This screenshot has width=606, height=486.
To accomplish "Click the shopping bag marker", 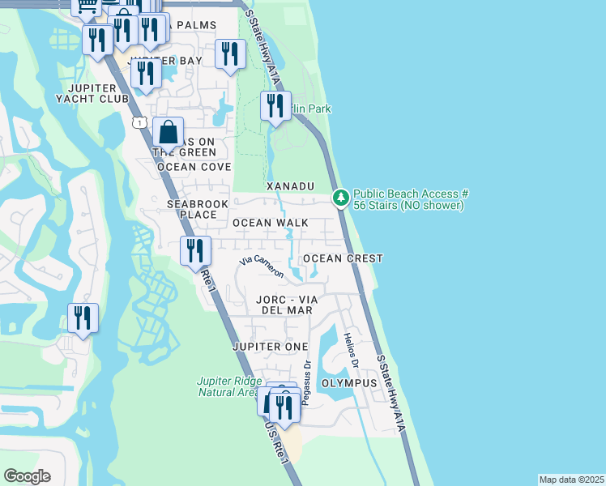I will [x=168, y=132].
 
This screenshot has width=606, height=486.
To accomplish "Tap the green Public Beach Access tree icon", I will [x=341, y=197].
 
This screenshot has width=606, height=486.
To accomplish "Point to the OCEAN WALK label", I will [x=270, y=222].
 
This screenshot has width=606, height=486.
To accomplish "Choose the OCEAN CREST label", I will [x=343, y=258].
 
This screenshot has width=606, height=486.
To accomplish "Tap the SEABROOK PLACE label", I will [x=192, y=209].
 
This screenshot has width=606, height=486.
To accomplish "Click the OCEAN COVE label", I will [x=194, y=167].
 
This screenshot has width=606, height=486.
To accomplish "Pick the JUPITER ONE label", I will [x=270, y=347].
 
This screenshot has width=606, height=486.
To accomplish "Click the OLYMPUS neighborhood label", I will [x=349, y=382].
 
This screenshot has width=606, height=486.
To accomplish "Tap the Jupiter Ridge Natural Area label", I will [x=230, y=386].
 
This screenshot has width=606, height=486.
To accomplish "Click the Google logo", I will [x=27, y=476].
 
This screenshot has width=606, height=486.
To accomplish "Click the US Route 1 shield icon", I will [x=139, y=122].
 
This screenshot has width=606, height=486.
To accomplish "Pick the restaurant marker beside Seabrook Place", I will [x=195, y=250].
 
